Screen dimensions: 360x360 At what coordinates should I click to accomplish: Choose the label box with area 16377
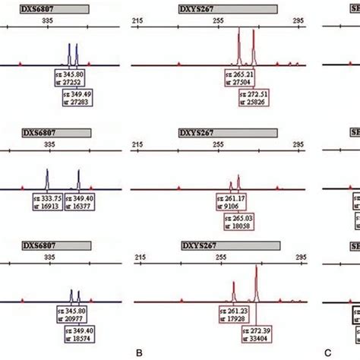[x=81, y=200]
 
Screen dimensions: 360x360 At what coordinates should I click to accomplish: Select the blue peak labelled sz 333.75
[x=48, y=179]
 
